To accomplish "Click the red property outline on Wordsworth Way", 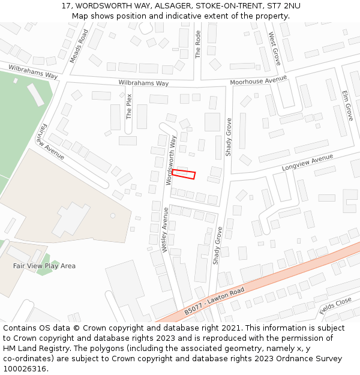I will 184,175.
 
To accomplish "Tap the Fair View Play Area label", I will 44,266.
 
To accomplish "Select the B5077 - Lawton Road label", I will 214,301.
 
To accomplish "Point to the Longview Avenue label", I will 307,162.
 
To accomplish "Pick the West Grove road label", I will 275,49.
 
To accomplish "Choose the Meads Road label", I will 79,46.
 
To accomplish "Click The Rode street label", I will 198,44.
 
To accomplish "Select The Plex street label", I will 128,106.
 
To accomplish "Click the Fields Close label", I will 335,306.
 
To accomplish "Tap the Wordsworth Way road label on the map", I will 172,159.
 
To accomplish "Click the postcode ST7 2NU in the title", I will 284,6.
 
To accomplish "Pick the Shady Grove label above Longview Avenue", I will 229,137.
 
